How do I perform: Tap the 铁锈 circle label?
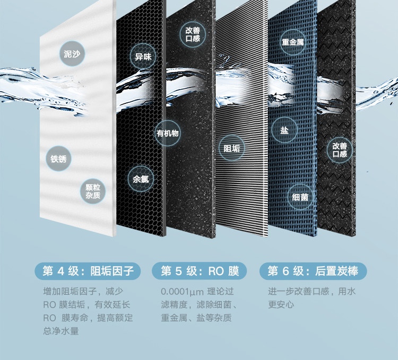coord(58,159)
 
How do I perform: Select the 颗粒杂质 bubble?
coord(93,191)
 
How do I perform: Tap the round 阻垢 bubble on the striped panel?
coord(231,148)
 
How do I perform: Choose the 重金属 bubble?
coord(293,42)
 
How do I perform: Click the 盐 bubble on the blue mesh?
coord(284,130)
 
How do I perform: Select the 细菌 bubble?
coord(300,197)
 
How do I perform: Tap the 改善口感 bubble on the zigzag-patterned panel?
coord(340,150)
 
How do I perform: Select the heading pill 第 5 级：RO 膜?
coord(200,271)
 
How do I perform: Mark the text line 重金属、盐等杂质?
coord(196,318)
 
